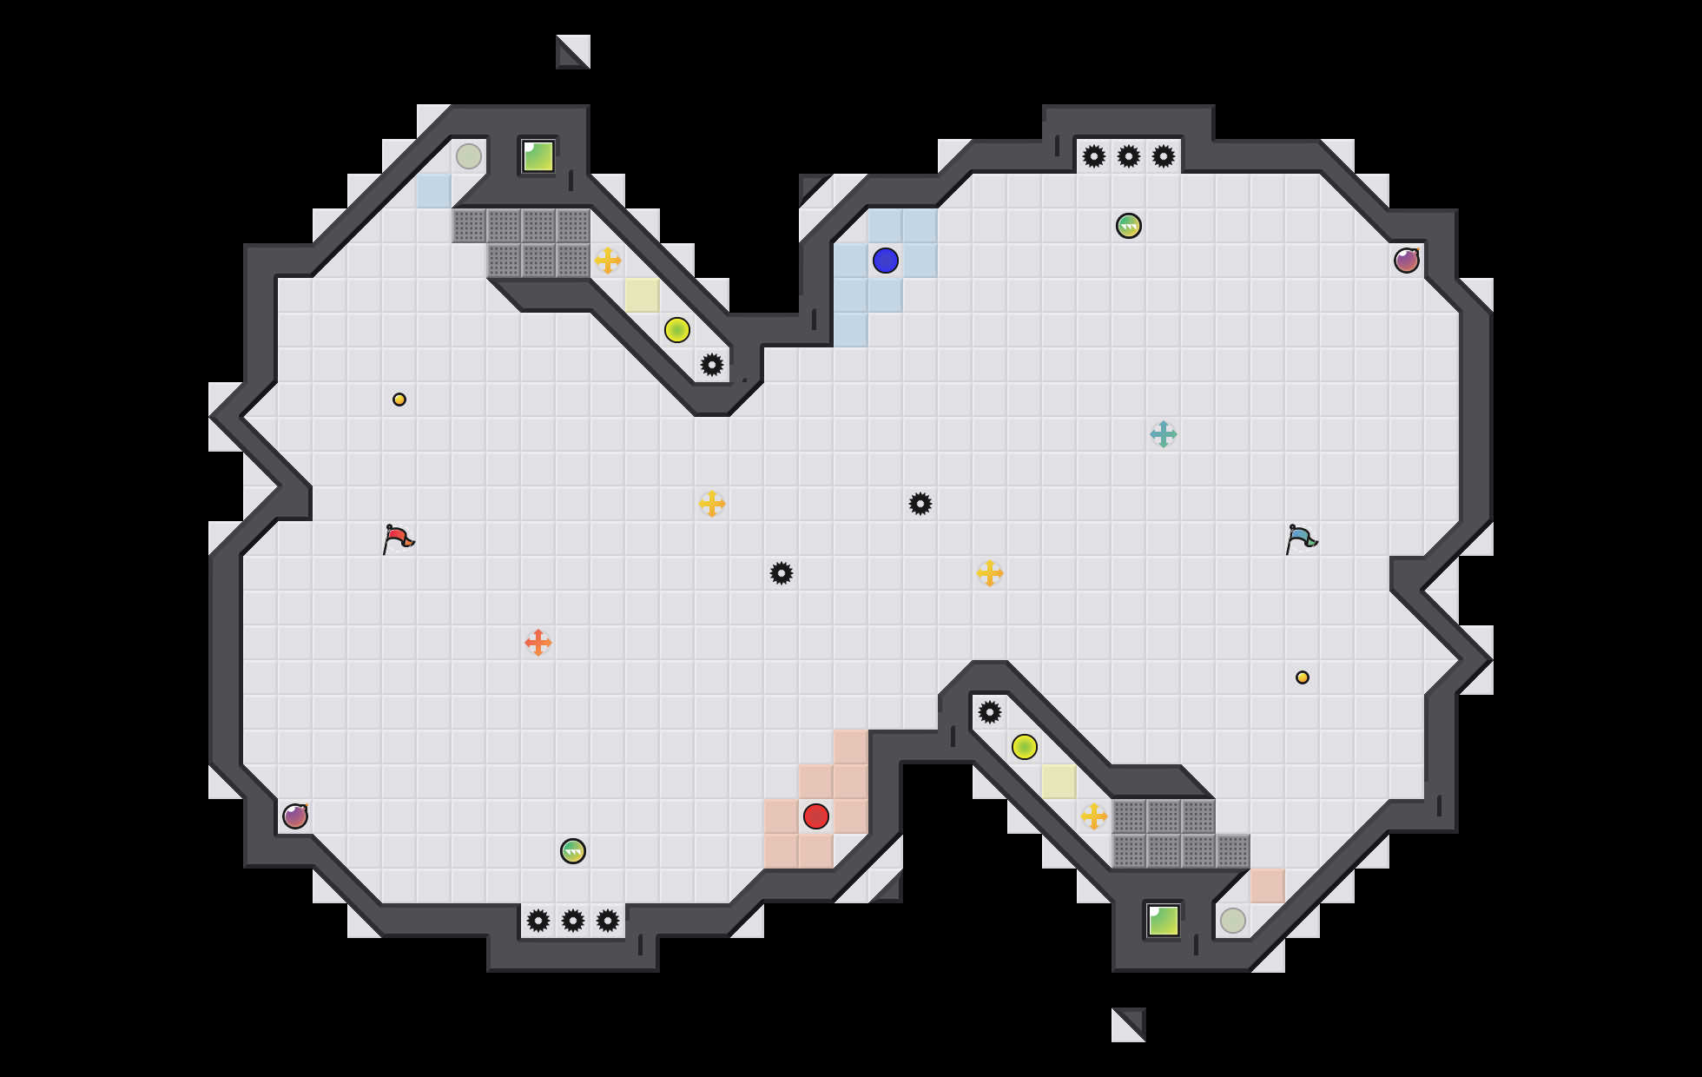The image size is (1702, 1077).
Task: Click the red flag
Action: click(x=398, y=538)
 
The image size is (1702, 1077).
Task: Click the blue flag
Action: click(x=1301, y=538)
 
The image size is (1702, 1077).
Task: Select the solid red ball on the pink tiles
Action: click(x=816, y=816)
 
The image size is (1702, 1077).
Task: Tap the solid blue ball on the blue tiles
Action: click(x=886, y=261)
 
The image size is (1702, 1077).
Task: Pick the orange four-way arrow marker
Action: click(x=538, y=643)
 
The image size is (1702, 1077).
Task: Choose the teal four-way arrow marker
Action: click(x=1164, y=434)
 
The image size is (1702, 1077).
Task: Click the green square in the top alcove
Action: click(x=538, y=156)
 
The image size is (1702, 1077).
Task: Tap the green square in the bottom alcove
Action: click(x=1164, y=921)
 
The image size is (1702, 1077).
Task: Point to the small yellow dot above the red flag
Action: click(x=399, y=400)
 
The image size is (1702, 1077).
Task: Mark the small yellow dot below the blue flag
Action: click(x=1303, y=677)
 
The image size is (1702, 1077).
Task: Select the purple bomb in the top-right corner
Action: click(x=1407, y=261)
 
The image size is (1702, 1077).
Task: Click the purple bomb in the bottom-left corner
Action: click(x=295, y=816)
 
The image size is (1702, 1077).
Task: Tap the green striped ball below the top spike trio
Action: click(x=1129, y=226)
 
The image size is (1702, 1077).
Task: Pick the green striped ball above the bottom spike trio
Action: click(x=573, y=851)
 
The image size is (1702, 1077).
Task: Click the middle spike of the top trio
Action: click(x=1129, y=156)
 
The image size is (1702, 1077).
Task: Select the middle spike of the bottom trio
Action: click(x=573, y=921)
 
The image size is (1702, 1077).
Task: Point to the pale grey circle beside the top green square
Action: click(x=469, y=156)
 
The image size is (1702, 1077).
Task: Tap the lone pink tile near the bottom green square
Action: click(x=1268, y=886)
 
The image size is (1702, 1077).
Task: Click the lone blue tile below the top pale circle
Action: click(x=434, y=191)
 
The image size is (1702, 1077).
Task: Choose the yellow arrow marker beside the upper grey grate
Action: click(x=608, y=261)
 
